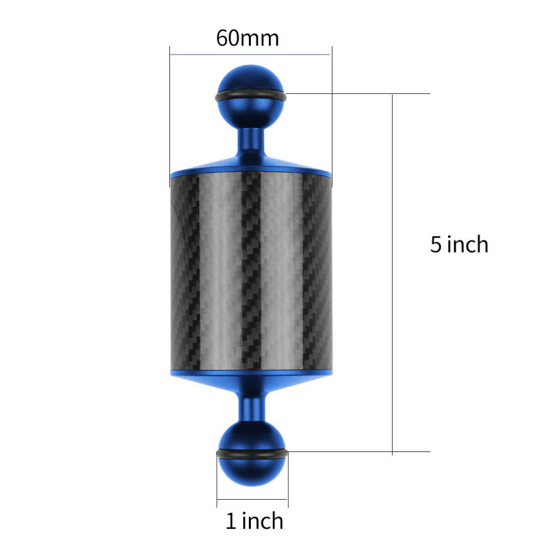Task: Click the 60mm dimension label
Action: pyautogui.click(x=247, y=38)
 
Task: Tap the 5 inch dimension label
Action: pyautogui.click(x=459, y=244)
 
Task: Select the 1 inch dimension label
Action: pyautogui.click(x=254, y=521)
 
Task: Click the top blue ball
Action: pyautogui.click(x=251, y=95)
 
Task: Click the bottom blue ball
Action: pyautogui.click(x=252, y=454)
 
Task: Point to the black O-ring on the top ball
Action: pyautogui.click(x=251, y=96)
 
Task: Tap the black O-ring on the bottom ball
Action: pyautogui.click(x=252, y=454)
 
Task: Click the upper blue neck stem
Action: pyautogui.click(x=251, y=143)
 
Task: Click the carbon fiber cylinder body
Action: pyautogui.click(x=251, y=272)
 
